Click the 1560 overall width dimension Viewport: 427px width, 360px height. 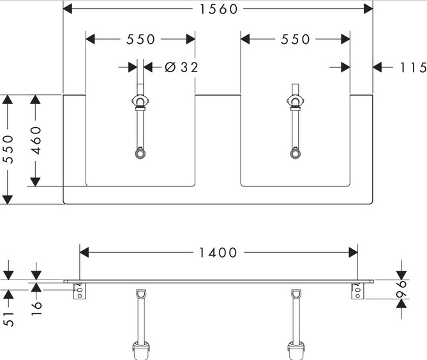tap(218, 9)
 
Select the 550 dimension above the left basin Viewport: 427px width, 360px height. tap(140, 40)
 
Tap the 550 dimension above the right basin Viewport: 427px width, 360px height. tap(295, 40)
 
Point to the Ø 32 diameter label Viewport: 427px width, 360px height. tap(181, 67)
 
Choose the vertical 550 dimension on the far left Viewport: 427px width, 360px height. tap(8, 149)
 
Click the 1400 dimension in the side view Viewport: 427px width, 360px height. tap(218, 253)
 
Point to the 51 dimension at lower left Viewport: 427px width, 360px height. tap(8, 319)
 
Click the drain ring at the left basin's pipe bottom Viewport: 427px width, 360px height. tap(140, 153)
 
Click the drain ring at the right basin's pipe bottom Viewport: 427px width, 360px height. tap(295, 153)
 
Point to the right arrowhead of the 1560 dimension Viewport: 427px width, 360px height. tap(368, 9)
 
